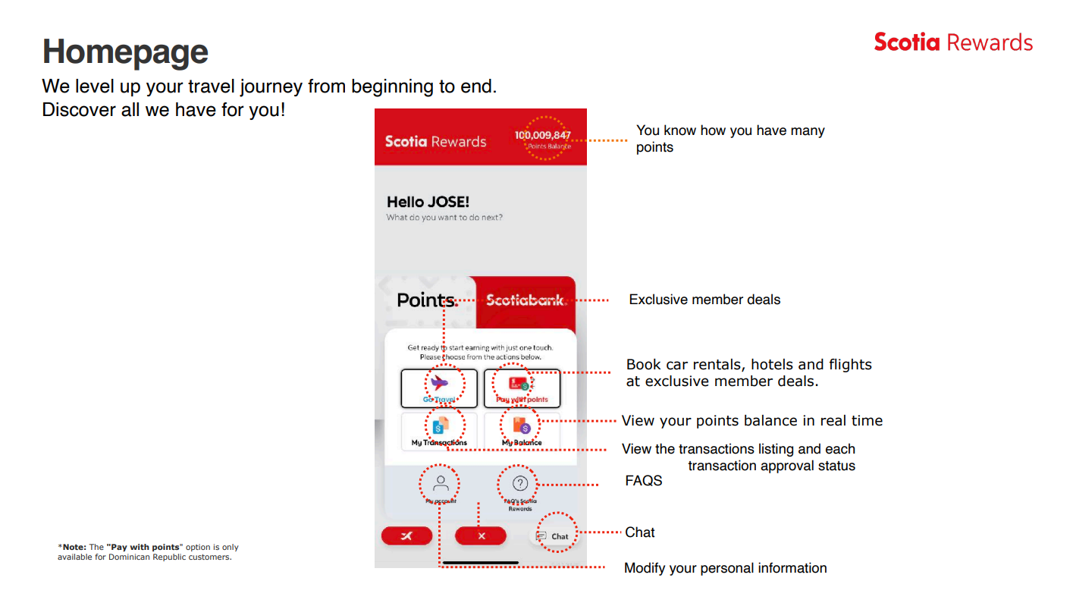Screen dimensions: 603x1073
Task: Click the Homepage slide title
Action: (125, 52)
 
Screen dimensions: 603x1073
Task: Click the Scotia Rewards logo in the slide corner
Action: (953, 42)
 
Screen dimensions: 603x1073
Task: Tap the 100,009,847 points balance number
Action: (542, 135)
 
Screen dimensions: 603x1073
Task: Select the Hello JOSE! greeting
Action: (428, 202)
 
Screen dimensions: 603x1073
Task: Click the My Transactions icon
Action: (440, 426)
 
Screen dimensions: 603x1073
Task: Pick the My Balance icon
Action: (522, 426)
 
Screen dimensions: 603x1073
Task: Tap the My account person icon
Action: (441, 482)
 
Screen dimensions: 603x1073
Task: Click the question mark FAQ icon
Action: (520, 483)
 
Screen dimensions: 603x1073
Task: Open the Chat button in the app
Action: (554, 536)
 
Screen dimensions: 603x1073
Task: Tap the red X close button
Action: (480, 536)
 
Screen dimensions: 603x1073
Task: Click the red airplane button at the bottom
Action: (406, 536)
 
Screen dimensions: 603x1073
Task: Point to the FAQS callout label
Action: (643, 481)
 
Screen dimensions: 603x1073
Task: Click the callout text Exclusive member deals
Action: (704, 300)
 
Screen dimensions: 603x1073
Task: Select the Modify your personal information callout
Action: (725, 568)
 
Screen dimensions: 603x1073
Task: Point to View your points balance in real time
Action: (751, 421)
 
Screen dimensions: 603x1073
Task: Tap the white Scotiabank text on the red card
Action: (525, 300)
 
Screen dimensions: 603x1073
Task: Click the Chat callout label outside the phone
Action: (639, 532)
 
